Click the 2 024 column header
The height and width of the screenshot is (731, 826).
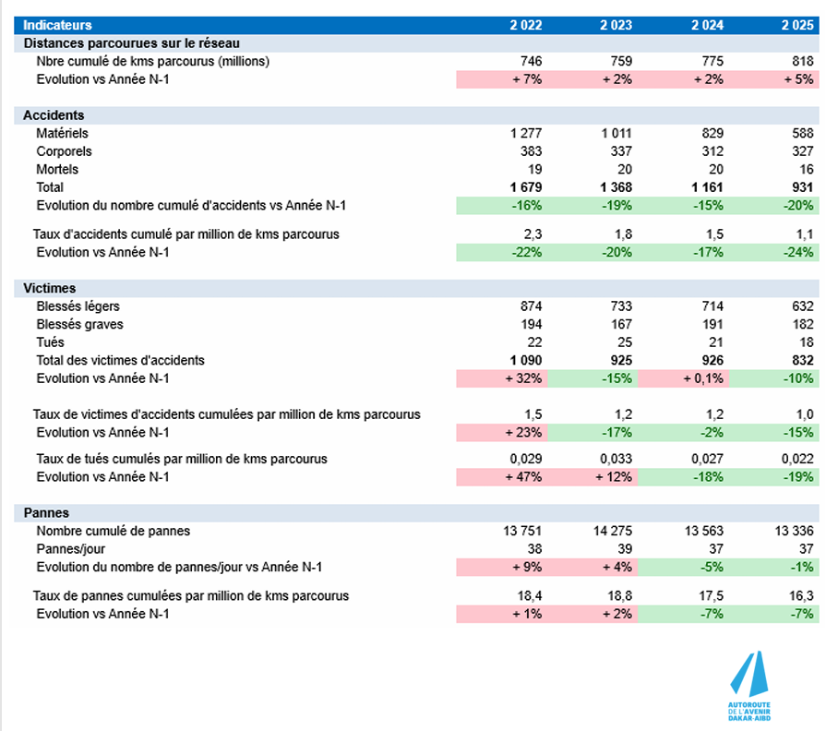pos(708,25)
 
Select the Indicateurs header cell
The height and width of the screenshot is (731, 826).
pos(57,25)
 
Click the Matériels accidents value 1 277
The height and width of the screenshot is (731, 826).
pos(526,134)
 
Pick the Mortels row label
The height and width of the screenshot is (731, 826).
pos(57,170)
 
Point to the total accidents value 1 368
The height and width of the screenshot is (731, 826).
pos(615,187)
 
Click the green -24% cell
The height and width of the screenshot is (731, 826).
pos(774,252)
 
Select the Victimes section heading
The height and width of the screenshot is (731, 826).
pos(50,288)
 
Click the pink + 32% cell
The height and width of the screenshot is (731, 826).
pos(501,378)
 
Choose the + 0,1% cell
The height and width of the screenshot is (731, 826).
pos(683,378)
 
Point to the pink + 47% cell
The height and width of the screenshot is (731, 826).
pos(501,477)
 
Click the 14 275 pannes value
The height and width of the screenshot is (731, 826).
pos(610,531)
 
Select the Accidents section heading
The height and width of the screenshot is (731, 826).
pos(54,115)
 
